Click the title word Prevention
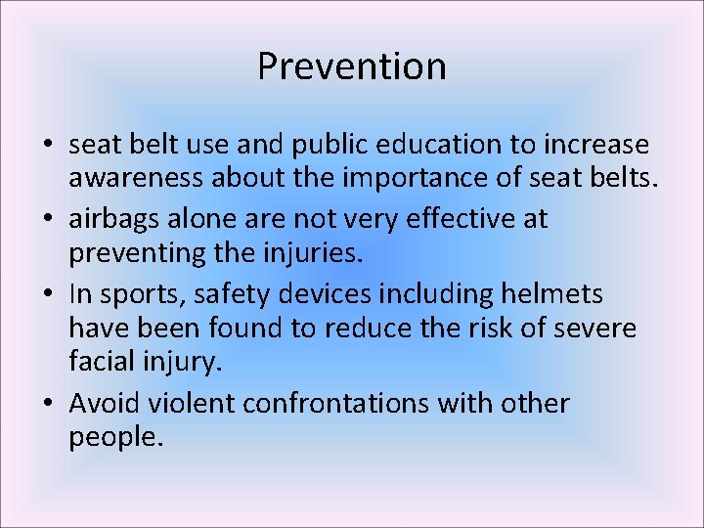pyautogui.click(x=352, y=66)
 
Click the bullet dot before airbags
pyautogui.click(x=48, y=220)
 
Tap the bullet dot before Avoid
pyautogui.click(x=48, y=404)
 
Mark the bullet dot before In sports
pyautogui.click(x=48, y=293)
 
